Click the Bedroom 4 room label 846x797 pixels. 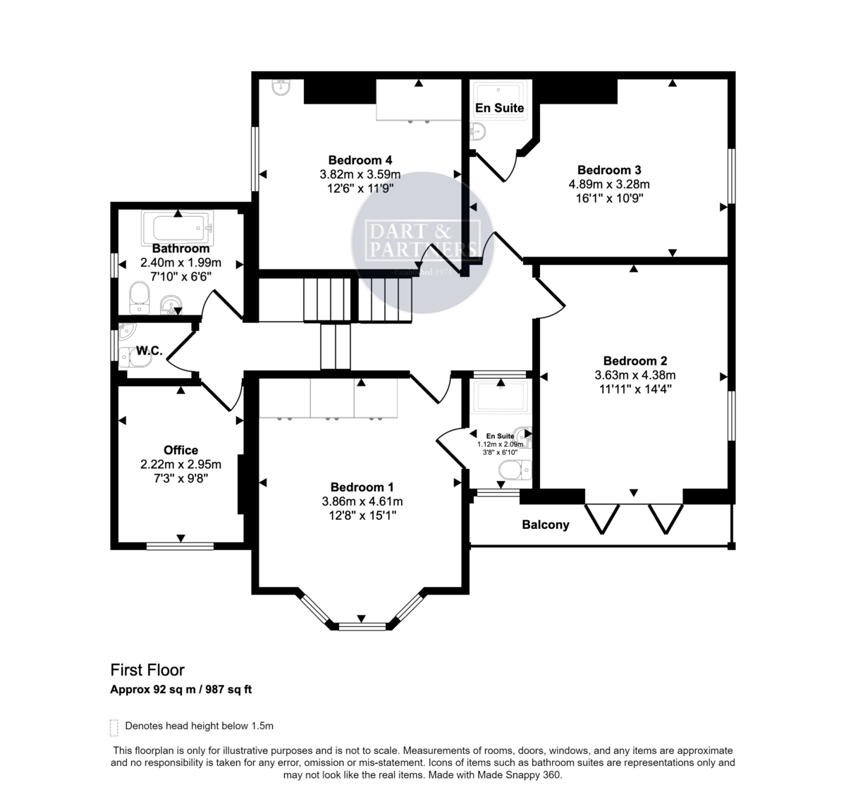click(360, 160)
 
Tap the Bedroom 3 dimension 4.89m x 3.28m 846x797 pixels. click(609, 184)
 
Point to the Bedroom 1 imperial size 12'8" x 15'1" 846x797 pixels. click(362, 516)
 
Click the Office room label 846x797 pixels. click(180, 450)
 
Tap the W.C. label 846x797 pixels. click(149, 351)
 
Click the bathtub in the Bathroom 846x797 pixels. click(178, 227)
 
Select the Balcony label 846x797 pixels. click(545, 525)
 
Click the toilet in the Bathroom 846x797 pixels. click(140, 297)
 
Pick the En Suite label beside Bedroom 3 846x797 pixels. click(499, 108)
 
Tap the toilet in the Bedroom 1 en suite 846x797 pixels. click(513, 469)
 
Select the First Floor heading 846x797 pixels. click(147, 670)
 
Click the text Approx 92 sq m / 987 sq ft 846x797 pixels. click(180, 690)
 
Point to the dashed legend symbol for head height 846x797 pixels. click(114, 726)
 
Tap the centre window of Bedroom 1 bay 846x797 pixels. click(362, 626)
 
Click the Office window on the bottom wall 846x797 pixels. click(180, 545)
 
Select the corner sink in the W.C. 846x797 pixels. click(126, 330)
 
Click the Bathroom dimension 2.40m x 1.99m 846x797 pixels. click(180, 263)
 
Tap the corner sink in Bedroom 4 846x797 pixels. click(280, 87)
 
